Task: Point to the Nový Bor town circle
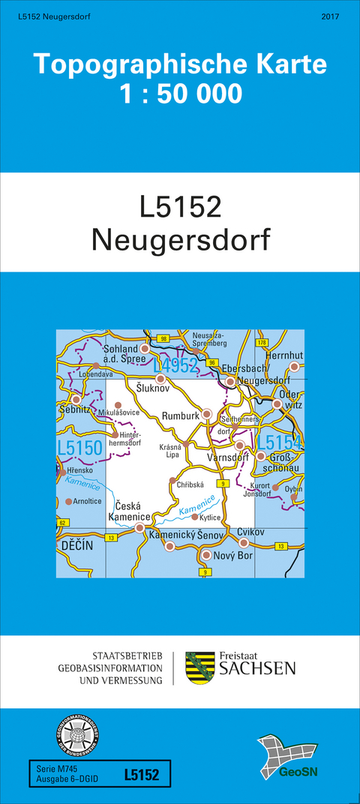(x=206, y=555)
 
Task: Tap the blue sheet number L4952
(x=175, y=365)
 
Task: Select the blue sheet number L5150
(x=79, y=448)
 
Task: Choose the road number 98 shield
(x=163, y=340)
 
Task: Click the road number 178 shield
(x=262, y=343)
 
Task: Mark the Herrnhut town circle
(x=295, y=367)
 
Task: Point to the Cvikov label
(x=252, y=531)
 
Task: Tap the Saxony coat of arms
(x=199, y=667)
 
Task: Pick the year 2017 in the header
(x=331, y=16)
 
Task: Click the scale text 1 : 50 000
(x=180, y=94)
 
